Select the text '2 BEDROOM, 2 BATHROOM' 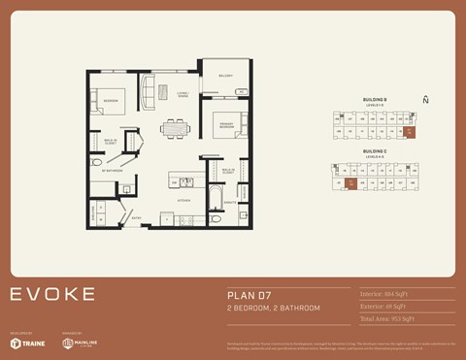[273, 308]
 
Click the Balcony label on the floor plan [225, 76]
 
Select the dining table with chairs [175, 126]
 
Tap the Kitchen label [182, 200]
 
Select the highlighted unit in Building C [351, 181]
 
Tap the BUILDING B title [375, 99]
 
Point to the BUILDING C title [375, 151]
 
